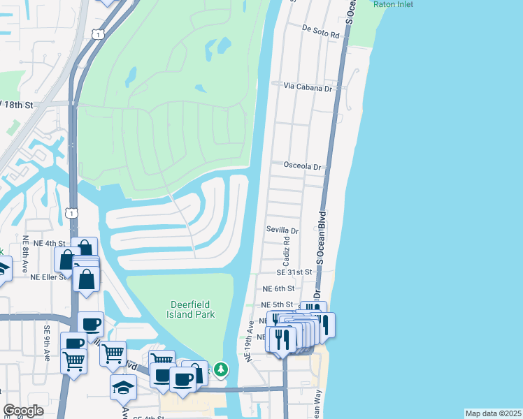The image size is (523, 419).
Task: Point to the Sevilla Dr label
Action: [282, 230]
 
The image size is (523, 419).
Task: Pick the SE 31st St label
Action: [294, 272]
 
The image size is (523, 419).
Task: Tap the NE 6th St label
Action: [278, 288]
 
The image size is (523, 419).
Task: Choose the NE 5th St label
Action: [278, 305]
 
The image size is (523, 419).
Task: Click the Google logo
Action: [23, 411]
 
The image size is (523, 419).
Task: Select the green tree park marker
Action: [221, 368]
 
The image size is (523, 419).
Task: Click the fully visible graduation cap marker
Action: [123, 386]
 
